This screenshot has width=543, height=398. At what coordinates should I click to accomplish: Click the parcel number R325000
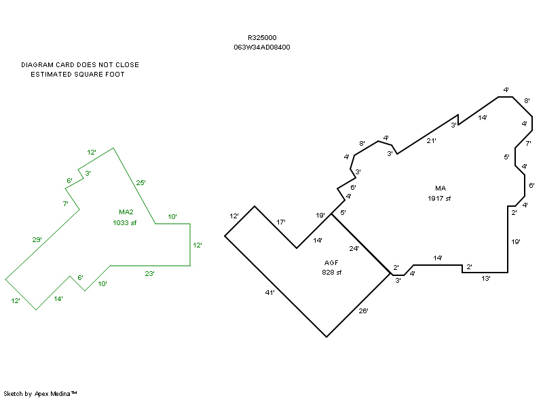pyautogui.click(x=262, y=38)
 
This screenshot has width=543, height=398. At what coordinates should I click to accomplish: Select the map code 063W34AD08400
pyautogui.click(x=262, y=47)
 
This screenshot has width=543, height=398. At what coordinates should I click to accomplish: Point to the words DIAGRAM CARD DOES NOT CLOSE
pyautogui.click(x=80, y=65)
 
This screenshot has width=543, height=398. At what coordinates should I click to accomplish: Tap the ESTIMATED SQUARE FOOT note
pyautogui.click(x=77, y=75)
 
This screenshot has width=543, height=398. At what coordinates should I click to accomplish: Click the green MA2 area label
pyautogui.click(x=126, y=212)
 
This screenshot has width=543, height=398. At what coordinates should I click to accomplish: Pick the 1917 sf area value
pyautogui.click(x=439, y=198)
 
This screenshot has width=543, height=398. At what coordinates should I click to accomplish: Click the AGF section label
pyautogui.click(x=331, y=262)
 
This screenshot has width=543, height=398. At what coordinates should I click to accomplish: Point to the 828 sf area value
pyautogui.click(x=331, y=272)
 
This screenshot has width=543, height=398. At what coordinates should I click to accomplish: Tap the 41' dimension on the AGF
pyautogui.click(x=270, y=292)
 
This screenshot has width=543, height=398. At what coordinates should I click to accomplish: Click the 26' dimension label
pyautogui.click(x=362, y=311)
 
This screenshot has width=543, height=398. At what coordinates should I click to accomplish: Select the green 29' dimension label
pyautogui.click(x=37, y=239)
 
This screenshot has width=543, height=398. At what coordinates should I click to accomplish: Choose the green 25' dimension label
pyautogui.click(x=141, y=182)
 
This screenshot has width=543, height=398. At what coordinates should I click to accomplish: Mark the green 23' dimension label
pyautogui.click(x=149, y=274)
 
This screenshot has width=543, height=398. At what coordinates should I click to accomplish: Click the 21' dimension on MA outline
pyautogui.click(x=431, y=140)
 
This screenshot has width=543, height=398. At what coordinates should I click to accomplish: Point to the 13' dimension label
pyautogui.click(x=486, y=278)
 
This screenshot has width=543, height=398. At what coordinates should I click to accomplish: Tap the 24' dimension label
pyautogui.click(x=354, y=249)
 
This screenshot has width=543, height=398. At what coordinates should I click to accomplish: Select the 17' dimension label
pyautogui.click(x=281, y=222)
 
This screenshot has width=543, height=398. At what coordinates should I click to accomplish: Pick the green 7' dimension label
pyautogui.click(x=66, y=203)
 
